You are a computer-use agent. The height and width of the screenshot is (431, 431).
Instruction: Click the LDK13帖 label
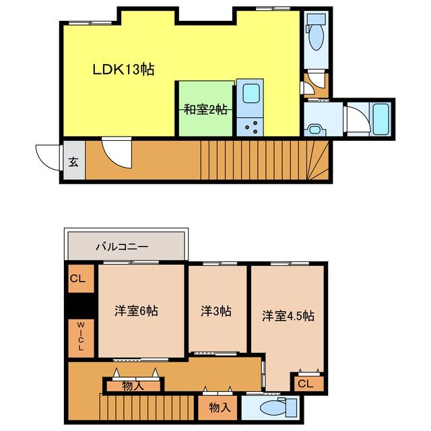123,69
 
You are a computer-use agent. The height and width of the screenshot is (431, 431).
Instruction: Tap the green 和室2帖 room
205,109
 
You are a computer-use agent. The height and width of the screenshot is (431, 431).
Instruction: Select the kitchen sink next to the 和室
250,93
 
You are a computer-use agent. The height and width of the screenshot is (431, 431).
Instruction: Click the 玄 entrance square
73,162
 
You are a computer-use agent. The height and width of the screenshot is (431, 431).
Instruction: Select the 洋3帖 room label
216,311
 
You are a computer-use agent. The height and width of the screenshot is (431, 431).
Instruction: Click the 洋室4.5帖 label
288,314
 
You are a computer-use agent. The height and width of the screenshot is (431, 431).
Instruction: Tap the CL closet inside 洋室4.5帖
306,384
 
